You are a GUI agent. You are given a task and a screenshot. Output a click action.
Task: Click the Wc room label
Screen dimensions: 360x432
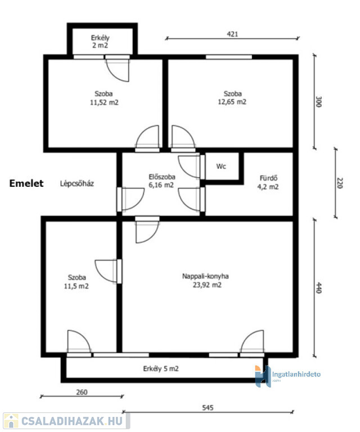coord(221,166)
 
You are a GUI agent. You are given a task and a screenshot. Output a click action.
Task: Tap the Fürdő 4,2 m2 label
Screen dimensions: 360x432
coord(268,182)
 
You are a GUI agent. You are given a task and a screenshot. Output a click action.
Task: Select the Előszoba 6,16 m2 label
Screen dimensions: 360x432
coord(161,181)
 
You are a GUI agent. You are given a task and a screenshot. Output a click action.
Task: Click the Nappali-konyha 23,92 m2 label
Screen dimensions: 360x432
coord(206,281)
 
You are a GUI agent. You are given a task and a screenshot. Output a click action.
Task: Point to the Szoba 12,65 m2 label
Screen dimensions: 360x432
coord(232,98)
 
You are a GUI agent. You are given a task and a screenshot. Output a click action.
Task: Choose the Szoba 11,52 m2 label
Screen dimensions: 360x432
coord(104,98)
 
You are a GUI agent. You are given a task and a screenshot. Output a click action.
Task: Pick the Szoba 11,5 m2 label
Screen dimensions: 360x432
coord(76,282)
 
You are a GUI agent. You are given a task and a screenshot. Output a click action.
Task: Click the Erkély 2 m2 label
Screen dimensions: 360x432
coord(100,42)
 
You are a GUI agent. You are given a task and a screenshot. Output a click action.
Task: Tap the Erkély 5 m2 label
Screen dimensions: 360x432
coord(161,368)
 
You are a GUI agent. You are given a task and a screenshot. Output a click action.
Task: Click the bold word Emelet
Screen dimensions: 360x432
coord(26,183)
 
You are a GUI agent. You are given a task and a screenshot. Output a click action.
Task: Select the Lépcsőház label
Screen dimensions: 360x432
coord(77,183)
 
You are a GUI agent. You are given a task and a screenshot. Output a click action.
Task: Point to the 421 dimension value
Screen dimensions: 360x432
coord(232,34)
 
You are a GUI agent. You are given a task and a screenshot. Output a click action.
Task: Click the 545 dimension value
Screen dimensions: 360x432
coord(208,407)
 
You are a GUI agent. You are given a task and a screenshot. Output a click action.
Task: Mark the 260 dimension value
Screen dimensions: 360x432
coord(82,391)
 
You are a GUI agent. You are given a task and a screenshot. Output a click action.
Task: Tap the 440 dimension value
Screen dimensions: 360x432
coord(319,287)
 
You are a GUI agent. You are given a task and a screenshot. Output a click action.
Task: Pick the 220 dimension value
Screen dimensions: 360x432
coord(340,183)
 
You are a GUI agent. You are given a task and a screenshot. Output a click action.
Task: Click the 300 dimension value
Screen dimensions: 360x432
coord(319,102)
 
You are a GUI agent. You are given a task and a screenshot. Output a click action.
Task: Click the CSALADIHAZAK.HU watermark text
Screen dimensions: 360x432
coord(72,421)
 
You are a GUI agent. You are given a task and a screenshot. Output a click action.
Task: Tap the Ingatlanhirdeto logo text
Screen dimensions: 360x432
coord(296,375)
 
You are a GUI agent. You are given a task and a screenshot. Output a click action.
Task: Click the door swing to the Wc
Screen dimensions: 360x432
coord(188,166)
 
